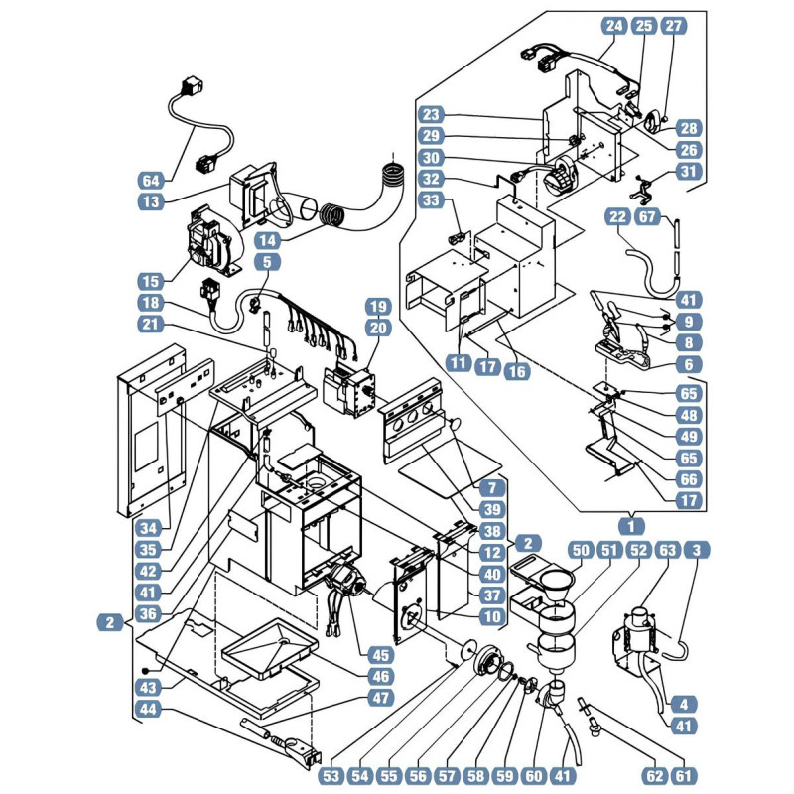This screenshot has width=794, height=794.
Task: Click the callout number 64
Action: [151, 181]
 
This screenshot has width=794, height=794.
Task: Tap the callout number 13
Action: [151, 202]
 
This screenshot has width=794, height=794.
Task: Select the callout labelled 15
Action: [151, 281]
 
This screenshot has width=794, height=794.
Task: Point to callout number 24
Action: [614, 26]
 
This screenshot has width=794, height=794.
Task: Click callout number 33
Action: [431, 200]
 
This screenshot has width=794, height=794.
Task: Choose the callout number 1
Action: [631, 527]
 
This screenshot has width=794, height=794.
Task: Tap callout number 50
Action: [581, 550]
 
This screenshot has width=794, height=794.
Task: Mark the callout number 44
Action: [148, 709]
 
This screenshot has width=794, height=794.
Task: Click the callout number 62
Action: [655, 776]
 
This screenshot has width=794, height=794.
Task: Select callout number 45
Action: [380, 655]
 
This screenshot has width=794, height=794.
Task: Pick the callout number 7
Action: [492, 488]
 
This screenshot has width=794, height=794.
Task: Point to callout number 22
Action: [617, 217]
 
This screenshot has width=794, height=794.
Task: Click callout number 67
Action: [647, 217]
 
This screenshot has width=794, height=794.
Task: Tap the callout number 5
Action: [267, 262]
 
